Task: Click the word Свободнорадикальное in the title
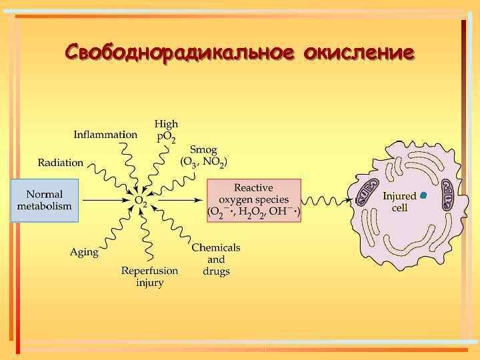pyautogui.click(x=180, y=52)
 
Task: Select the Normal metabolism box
pyautogui.click(x=44, y=200)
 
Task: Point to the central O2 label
pyautogui.click(x=141, y=201)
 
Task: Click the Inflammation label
pyautogui.click(x=105, y=134)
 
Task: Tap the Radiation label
pyautogui.click(x=61, y=162)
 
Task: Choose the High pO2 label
pyautogui.click(x=166, y=131)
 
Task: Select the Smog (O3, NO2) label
pyautogui.click(x=204, y=155)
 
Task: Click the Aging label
pyautogui.click(x=84, y=252)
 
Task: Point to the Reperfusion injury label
pyautogui.click(x=149, y=277)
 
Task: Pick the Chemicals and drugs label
pyautogui.click(x=216, y=259)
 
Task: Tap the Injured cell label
pyautogui.click(x=399, y=201)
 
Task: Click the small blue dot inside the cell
pyautogui.click(x=423, y=195)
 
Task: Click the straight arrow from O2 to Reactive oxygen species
pyautogui.click(x=177, y=200)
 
